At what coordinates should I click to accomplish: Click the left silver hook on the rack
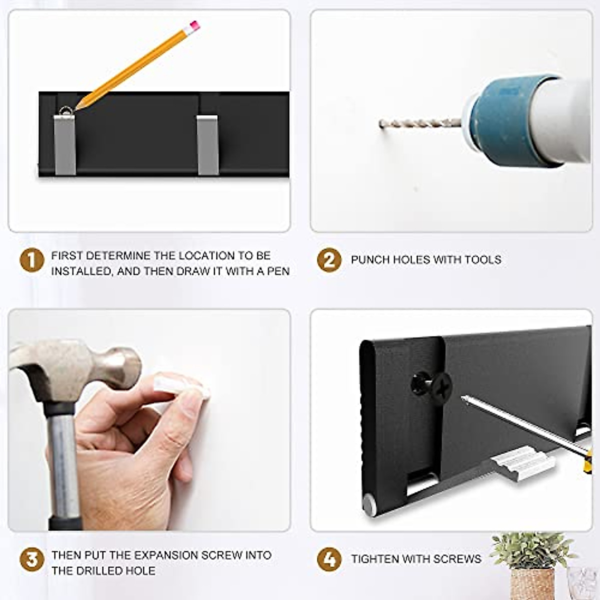(65, 144)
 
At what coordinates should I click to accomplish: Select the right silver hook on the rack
(207, 144)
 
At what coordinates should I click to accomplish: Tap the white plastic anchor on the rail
(522, 464)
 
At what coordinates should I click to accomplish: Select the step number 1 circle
(32, 260)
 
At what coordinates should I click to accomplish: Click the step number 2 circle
(329, 260)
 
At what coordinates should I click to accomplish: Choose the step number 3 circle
(32, 559)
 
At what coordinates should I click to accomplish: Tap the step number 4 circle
(329, 559)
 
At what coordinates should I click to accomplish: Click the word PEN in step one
(278, 271)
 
